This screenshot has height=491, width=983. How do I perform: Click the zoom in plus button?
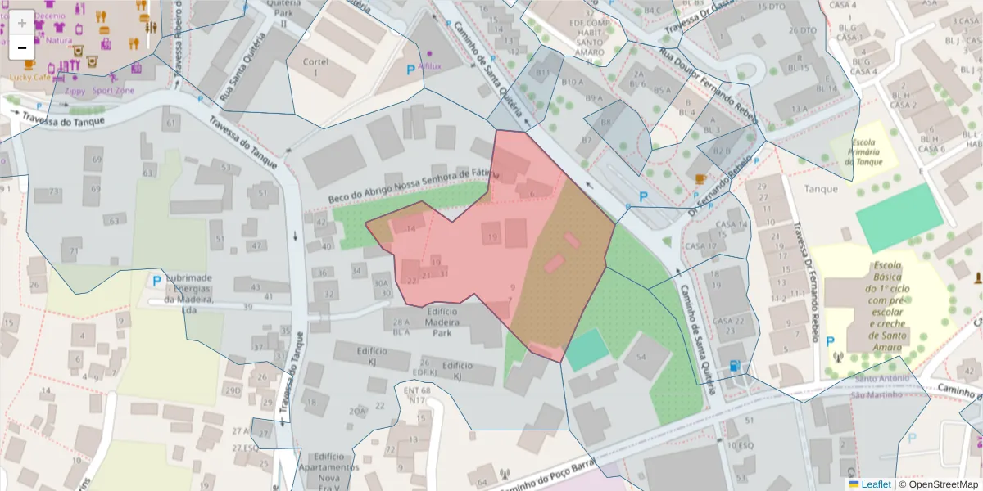pyautogui.click(x=21, y=22)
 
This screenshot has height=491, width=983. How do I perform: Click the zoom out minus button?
pyautogui.click(x=21, y=47)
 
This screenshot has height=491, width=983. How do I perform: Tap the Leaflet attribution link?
pyautogui.click(x=869, y=484)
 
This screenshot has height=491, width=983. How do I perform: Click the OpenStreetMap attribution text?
pyautogui.click(x=938, y=484)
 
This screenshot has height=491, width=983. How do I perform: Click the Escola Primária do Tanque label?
pyautogui.click(x=863, y=152)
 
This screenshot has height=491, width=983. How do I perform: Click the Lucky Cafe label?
pyautogui.click(x=30, y=77)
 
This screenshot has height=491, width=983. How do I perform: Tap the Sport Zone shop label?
pyautogui.click(x=113, y=91)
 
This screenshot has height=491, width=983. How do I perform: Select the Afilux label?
pyautogui.click(x=429, y=65)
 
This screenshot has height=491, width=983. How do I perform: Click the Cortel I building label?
pyautogui.click(x=315, y=67)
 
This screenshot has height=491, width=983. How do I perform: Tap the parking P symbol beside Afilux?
pyautogui.click(x=410, y=71)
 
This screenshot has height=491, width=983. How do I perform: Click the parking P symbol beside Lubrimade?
pyautogui.click(x=156, y=281)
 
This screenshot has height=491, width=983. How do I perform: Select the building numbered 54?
pyautogui.click(x=641, y=358)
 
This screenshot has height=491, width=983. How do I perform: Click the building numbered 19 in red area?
pyautogui.click(x=491, y=238)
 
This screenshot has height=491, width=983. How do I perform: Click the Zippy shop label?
pyautogui.click(x=75, y=91)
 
